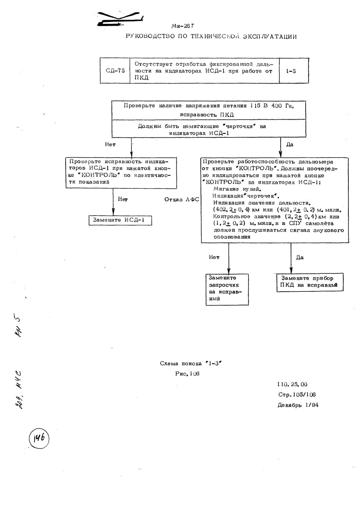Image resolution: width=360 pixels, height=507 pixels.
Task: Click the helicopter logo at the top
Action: (120, 18)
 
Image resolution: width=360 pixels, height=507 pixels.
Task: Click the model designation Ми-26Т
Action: (183, 26)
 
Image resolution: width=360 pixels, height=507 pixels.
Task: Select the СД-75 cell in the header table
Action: (115, 71)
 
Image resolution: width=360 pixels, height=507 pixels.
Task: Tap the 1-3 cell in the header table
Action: (294, 71)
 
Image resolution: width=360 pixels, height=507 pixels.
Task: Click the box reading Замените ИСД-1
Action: (120, 220)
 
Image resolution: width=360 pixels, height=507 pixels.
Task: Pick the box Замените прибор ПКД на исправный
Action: (310, 282)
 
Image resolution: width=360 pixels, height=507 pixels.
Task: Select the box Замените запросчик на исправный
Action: (227, 289)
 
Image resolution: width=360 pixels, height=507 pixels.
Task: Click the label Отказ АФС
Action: (182, 199)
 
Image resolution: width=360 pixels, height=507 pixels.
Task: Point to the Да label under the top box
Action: (290, 144)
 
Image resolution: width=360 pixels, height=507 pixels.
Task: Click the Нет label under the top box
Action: (110, 144)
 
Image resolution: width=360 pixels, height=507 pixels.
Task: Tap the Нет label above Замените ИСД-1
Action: (123, 199)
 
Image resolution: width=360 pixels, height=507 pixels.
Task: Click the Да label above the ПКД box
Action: (299, 257)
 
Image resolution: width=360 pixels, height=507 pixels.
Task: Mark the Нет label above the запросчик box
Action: (214, 257)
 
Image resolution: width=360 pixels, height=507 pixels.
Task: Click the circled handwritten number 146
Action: (39, 438)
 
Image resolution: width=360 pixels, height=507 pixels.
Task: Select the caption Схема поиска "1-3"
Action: (191, 364)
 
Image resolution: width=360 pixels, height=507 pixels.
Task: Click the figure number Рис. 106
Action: (187, 374)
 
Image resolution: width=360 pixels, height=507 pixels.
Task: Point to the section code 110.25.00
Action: (292, 384)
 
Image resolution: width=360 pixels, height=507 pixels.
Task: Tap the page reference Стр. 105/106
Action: (297, 395)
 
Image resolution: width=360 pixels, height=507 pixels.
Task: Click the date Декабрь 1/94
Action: (298, 405)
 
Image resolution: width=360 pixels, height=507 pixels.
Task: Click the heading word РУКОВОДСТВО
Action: (151, 36)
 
